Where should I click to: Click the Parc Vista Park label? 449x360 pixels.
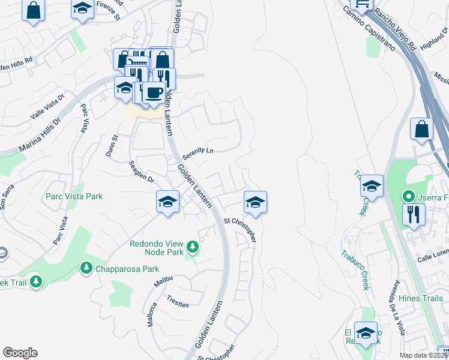pyautogui.click(x=74, y=196)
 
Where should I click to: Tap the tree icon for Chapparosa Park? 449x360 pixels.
pyautogui.click(x=85, y=267)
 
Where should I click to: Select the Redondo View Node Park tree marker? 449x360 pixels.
pyautogui.click(x=192, y=247)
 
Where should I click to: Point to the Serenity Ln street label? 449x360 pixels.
pyautogui.click(x=198, y=151)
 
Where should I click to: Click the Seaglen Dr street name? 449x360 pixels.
pyautogui.click(x=142, y=171)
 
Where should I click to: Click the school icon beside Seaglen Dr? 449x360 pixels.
pyautogui.click(x=167, y=202)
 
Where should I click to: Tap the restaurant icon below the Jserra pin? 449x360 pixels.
pyautogui.click(x=414, y=214)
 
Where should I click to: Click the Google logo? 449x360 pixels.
pyautogui.click(x=20, y=353)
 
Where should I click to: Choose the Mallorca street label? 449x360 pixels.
pyautogui.click(x=152, y=314)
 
